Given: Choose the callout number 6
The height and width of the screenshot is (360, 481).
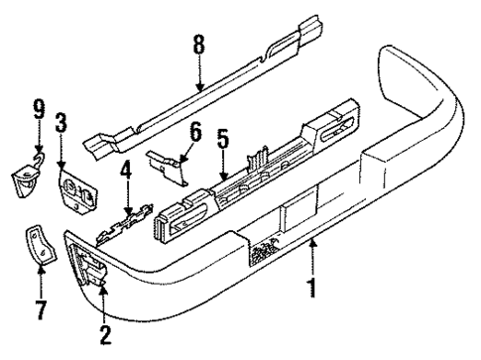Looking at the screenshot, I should click(x=194, y=130).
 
